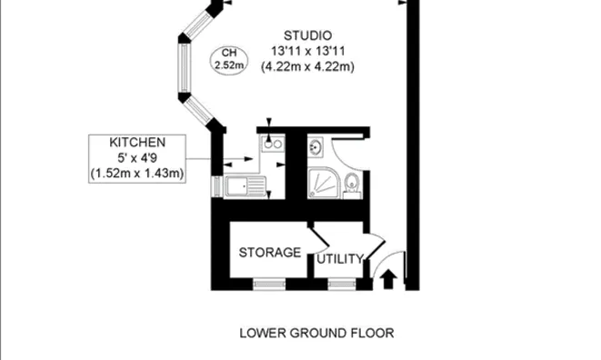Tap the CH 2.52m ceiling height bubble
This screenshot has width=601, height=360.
click(224, 58)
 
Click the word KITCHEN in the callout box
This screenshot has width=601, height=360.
click(137, 144)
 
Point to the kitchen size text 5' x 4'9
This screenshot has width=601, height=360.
click(137, 158)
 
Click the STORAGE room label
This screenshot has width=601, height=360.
click(269, 252)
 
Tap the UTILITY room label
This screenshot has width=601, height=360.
click(341, 259)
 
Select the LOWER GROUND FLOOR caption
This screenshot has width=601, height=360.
click(316, 333)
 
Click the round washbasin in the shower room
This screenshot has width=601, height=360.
click(315, 145)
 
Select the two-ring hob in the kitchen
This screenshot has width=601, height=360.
click(270, 143)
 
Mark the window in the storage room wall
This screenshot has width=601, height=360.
click(269, 284)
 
